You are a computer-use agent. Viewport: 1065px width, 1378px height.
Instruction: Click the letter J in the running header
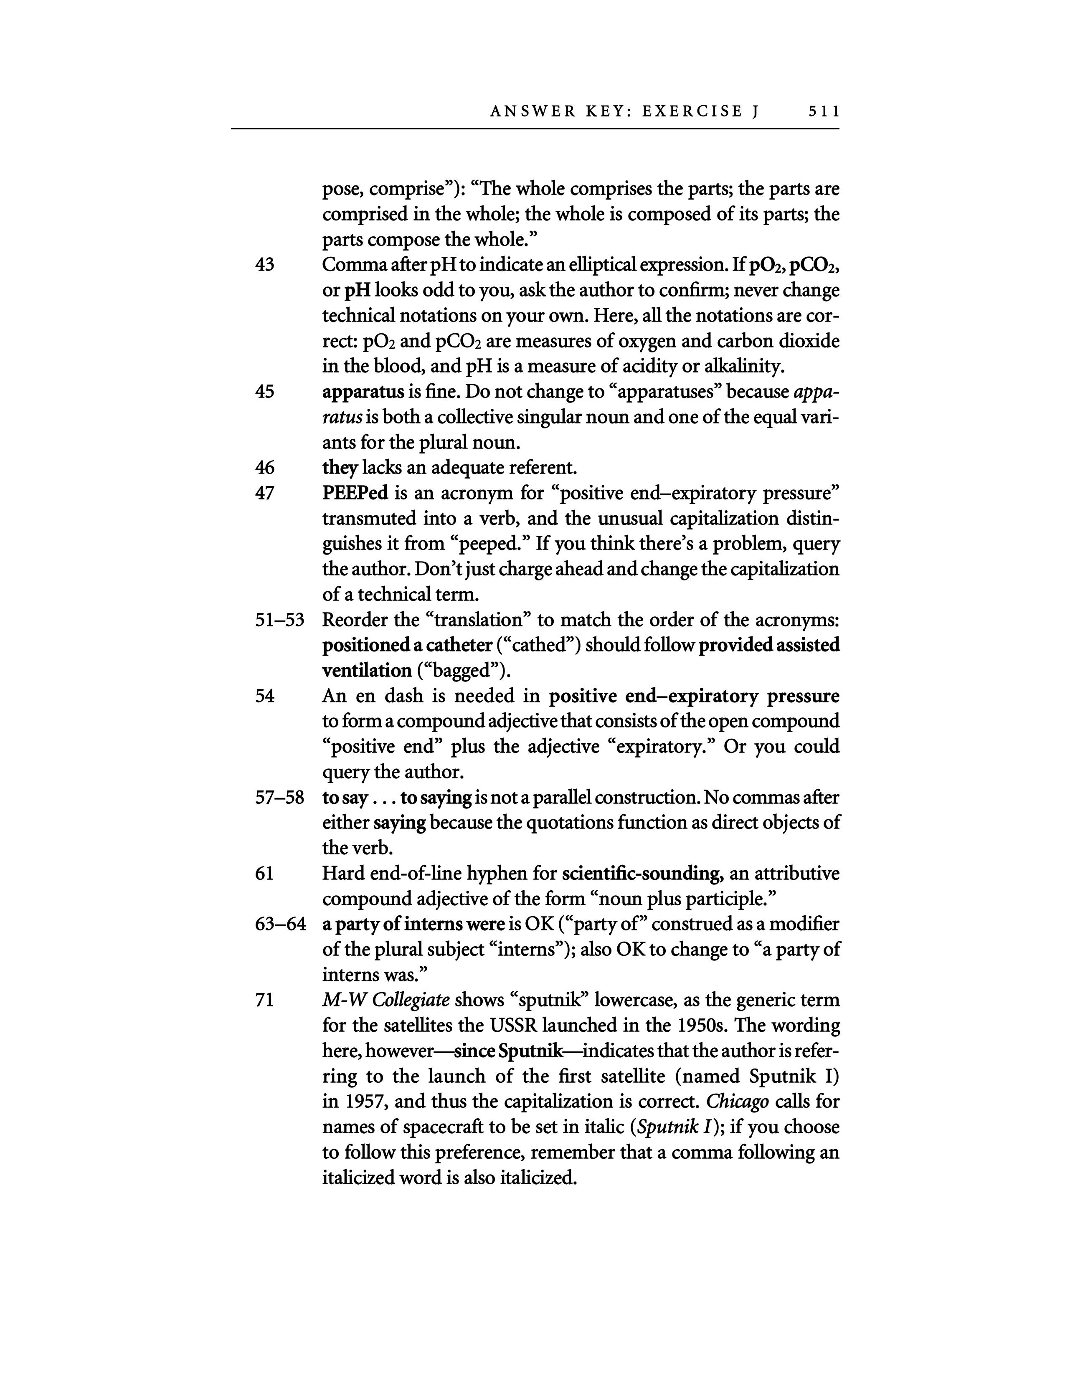pos(755,111)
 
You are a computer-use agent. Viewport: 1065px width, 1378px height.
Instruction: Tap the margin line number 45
pos(265,392)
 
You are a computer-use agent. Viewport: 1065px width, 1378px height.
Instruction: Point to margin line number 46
pos(265,468)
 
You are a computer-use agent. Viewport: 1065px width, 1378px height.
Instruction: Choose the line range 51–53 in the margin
pos(279,620)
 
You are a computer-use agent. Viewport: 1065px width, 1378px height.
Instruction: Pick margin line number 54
pos(265,696)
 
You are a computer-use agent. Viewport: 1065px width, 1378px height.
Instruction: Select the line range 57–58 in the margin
pos(279,798)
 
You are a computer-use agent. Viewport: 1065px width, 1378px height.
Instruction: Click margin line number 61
pos(265,874)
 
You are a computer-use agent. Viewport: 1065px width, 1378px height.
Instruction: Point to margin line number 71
pos(265,1000)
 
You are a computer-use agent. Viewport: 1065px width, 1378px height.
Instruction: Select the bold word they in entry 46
pos(340,468)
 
